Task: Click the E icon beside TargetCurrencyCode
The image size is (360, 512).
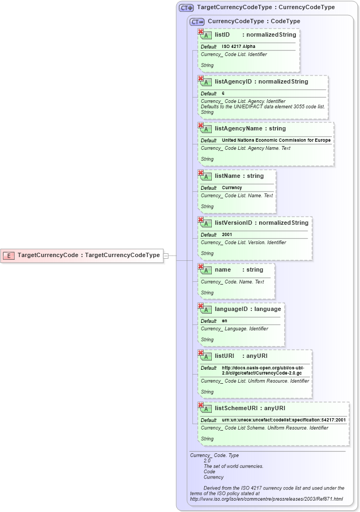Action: pyautogui.click(x=9, y=255)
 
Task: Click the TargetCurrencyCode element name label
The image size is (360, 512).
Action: pyautogui.click(x=48, y=255)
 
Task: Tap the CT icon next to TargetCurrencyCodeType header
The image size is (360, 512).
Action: pyautogui.click(x=186, y=8)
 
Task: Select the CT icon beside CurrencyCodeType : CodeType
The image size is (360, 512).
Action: pyautogui.click(x=197, y=22)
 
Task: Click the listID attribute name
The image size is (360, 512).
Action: pyautogui.click(x=222, y=35)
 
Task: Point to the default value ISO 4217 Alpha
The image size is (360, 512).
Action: pyautogui.click(x=239, y=47)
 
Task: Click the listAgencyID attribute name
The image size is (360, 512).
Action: pyautogui.click(x=233, y=82)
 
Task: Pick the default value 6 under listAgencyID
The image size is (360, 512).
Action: pyautogui.click(x=223, y=94)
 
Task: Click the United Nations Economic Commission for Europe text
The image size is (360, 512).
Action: pyautogui.click(x=276, y=141)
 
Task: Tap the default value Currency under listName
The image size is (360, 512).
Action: pyautogui.click(x=232, y=188)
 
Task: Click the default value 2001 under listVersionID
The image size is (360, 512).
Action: pyautogui.click(x=227, y=235)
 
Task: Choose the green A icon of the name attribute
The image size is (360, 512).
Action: pyautogui.click(x=206, y=271)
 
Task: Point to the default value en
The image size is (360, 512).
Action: pyautogui.click(x=225, y=321)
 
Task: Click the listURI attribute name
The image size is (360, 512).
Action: pyautogui.click(x=225, y=356)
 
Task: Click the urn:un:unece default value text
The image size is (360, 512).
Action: pyautogui.click(x=283, y=420)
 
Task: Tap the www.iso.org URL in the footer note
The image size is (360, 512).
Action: pyautogui.click(x=266, y=499)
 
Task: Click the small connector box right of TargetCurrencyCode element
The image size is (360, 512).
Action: pyautogui.click(x=166, y=255)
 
